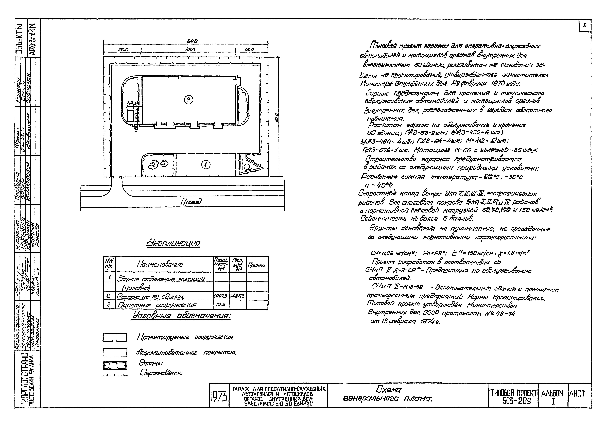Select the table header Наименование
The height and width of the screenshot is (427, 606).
click(160, 264)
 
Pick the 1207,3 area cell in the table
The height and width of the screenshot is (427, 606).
click(221, 296)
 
